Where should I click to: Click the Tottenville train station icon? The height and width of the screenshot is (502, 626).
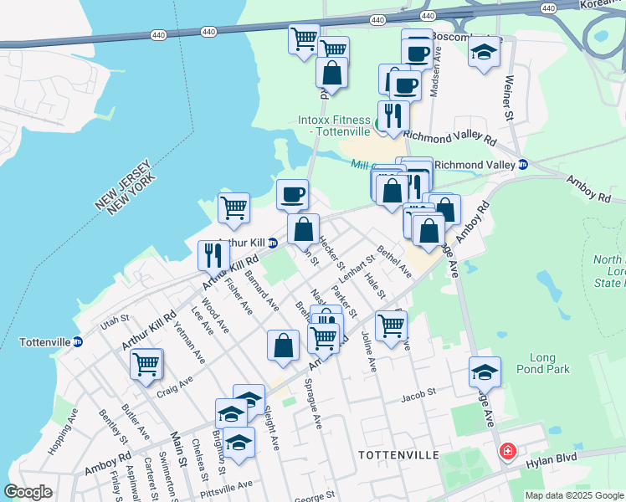click(78, 341)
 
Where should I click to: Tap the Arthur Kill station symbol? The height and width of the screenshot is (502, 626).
click(273, 243)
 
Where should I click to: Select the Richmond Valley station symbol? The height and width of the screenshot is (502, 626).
click(523, 165)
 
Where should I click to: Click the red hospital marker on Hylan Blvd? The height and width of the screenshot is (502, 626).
click(507, 453)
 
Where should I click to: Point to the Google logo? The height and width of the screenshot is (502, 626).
click(28, 492)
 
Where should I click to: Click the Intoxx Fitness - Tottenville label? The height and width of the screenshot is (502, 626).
click(334, 126)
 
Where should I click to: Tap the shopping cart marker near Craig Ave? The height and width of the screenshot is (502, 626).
click(146, 363)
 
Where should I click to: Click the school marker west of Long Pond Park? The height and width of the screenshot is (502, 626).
click(485, 371)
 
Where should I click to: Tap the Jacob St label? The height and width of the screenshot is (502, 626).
click(418, 392)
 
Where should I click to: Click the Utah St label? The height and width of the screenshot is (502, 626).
click(115, 319)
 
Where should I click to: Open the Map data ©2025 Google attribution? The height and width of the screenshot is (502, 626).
click(574, 495)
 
